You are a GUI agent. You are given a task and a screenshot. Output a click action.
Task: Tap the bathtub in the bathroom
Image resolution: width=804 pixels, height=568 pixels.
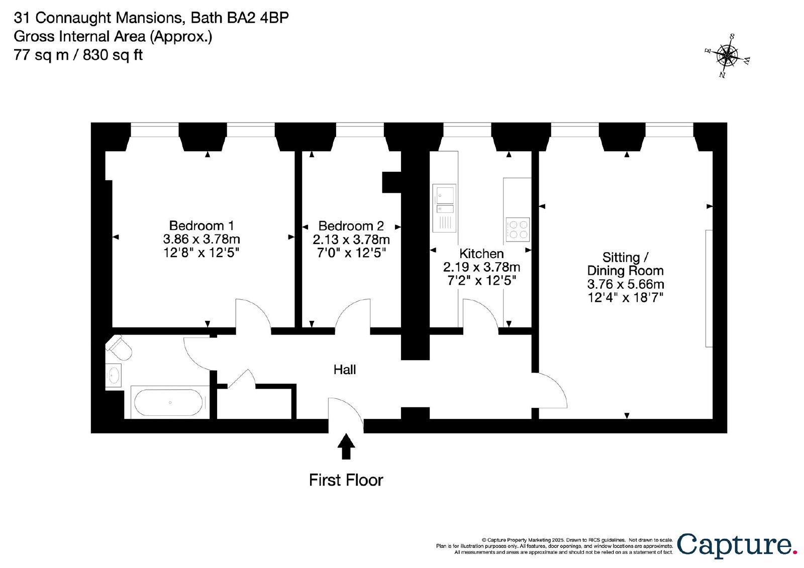point(168,402)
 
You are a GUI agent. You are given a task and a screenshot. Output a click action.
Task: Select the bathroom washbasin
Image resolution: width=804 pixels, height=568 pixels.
point(114,376)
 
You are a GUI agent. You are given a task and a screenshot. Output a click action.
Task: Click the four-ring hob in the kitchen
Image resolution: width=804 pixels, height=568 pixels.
point(518,230)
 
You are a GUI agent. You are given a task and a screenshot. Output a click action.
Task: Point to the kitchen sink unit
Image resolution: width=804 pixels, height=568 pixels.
point(444,208)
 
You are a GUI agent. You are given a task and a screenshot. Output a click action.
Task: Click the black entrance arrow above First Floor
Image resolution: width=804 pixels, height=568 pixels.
point(346,446)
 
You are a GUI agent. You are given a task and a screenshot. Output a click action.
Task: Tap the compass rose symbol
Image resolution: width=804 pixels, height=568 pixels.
point(727,56)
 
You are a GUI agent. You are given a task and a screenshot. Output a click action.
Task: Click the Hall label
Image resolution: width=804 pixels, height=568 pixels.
point(345,370)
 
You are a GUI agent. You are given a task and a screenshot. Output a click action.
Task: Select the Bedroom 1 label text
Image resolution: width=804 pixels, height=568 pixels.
point(202,225)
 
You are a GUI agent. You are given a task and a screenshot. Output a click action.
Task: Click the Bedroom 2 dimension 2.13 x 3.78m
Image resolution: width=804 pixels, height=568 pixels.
point(351,240)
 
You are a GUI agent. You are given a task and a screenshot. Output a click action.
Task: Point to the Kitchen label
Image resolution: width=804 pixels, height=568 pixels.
point(481,254)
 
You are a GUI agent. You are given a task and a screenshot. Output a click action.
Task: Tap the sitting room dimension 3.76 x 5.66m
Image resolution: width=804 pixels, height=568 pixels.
point(626,284)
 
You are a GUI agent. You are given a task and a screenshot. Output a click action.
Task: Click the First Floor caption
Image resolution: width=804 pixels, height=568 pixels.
point(346,480)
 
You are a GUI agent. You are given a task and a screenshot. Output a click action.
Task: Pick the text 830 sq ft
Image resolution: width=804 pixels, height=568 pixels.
point(113,55)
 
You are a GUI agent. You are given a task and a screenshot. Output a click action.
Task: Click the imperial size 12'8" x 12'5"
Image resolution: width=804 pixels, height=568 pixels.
point(202,253)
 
